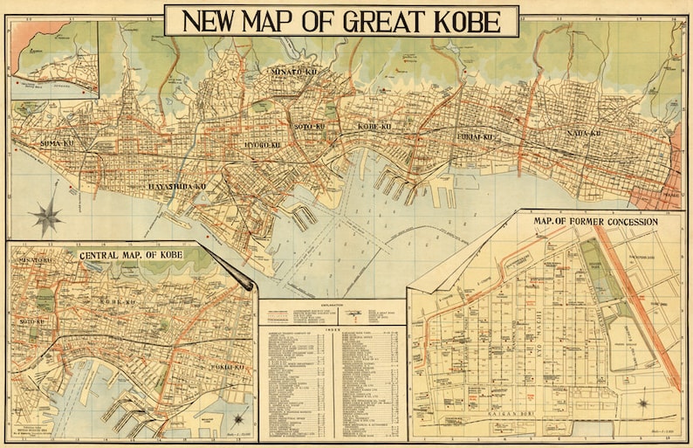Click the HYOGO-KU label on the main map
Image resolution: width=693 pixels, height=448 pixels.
click(262, 144)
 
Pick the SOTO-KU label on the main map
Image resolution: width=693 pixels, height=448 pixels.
click(309, 127)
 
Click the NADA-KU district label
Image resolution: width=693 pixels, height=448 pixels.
click(583, 134)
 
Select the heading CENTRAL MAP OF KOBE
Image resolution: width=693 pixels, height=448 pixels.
click(131, 256)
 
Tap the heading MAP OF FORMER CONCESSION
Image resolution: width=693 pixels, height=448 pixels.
click(595, 222)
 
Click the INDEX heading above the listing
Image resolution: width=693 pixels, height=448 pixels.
click(332, 330)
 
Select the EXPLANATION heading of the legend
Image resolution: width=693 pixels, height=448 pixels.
click(333, 303)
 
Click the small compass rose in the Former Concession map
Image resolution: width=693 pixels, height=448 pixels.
click(642, 403)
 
